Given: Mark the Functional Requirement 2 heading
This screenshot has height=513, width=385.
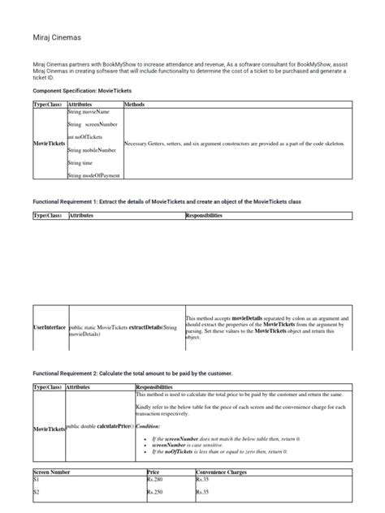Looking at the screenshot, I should pyautogui.click(x=132, y=373).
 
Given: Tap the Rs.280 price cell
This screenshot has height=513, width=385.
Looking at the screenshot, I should pyautogui.click(x=155, y=480).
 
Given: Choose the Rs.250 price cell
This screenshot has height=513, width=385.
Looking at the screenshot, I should pyautogui.click(x=155, y=493).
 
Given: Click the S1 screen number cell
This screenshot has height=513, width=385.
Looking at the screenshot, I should pyautogui.click(x=37, y=480).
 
